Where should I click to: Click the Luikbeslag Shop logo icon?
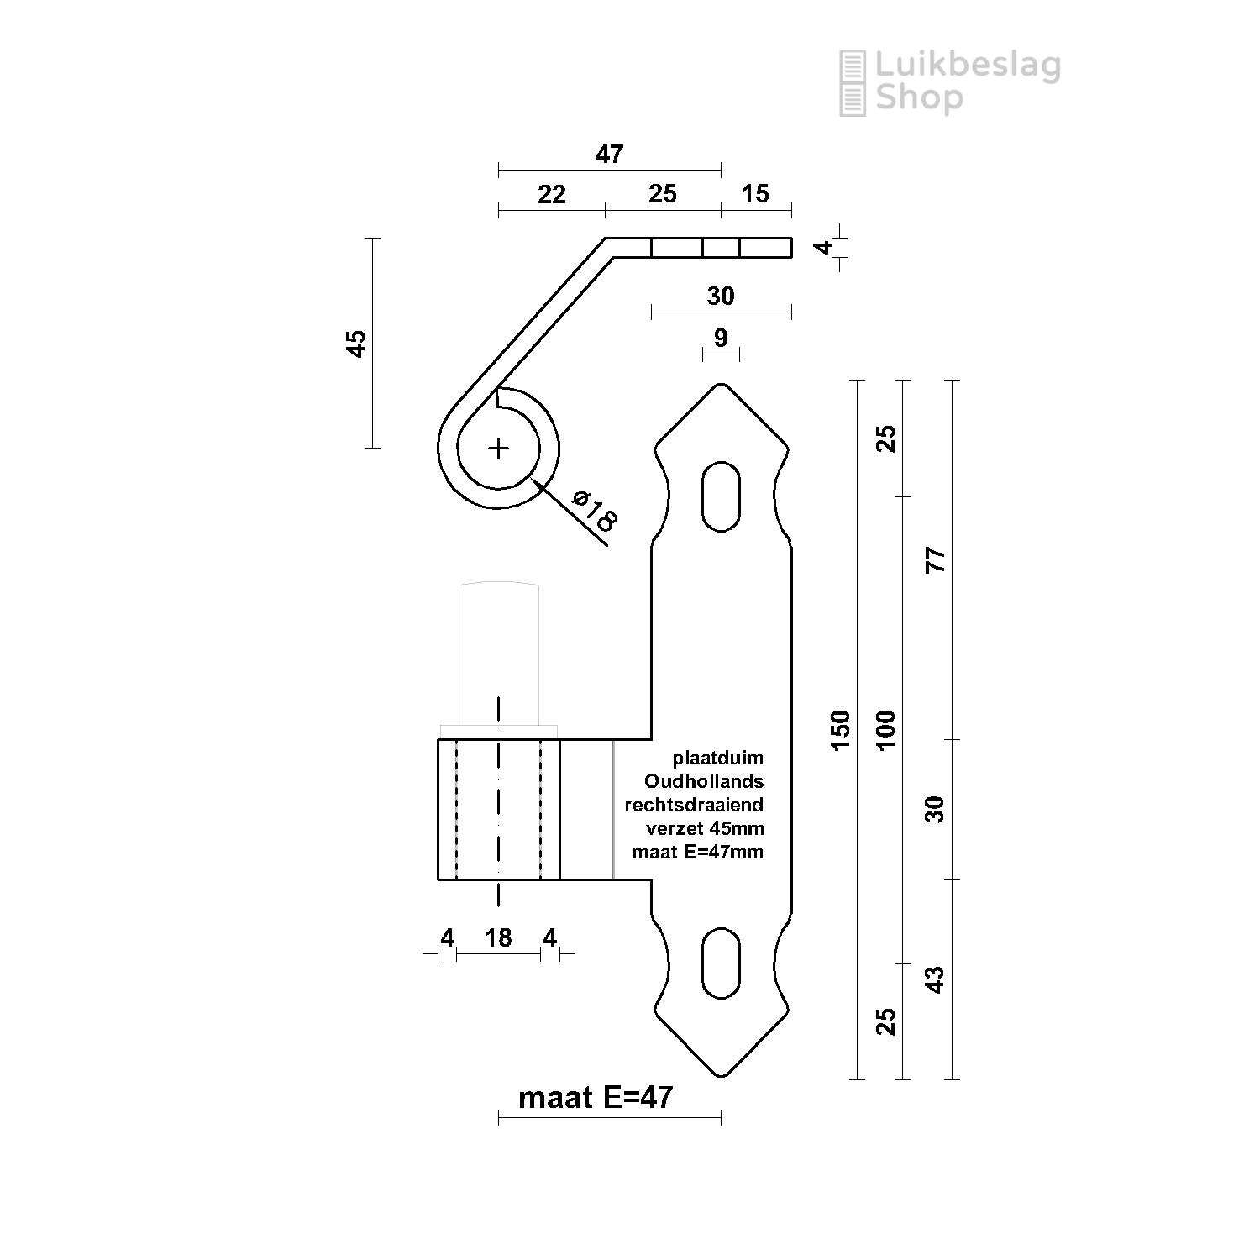[853, 82]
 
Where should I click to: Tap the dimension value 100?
[887, 729]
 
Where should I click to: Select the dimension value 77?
[935, 559]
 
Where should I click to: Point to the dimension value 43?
[935, 979]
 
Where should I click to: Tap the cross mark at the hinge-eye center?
[499, 449]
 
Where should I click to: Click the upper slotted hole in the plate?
[721, 496]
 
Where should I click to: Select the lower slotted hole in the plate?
[721, 963]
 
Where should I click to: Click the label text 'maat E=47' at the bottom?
[596, 1097]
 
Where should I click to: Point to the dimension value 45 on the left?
[356, 344]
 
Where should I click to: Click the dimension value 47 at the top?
[610, 155]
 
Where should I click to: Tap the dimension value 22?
[551, 195]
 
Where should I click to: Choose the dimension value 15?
[755, 194]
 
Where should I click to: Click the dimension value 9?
[721, 338]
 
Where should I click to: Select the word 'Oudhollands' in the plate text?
[704, 781]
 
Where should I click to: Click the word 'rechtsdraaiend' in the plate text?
[694, 805]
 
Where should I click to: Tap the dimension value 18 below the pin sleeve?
[498, 937]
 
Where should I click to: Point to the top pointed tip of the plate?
[721, 386]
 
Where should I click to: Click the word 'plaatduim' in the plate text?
[718, 759]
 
